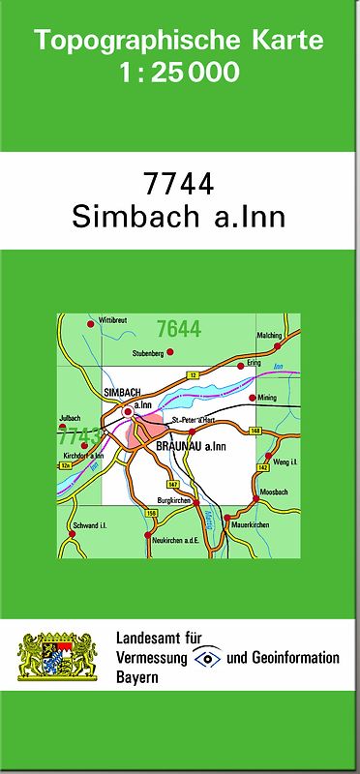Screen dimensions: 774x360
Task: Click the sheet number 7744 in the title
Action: pyautogui.click(x=178, y=183)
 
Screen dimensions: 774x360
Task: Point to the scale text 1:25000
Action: pyautogui.click(x=179, y=72)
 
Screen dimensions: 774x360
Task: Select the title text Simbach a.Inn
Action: pyautogui.click(x=178, y=217)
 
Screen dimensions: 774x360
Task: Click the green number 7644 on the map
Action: pyautogui.click(x=178, y=329)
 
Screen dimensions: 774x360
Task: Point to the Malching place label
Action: pyautogui.click(x=269, y=335)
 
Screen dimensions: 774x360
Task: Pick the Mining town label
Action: pyautogui.click(x=267, y=398)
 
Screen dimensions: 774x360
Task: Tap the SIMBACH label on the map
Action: pyautogui.click(x=122, y=391)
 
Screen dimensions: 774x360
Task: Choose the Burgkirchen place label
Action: pyautogui.click(x=172, y=500)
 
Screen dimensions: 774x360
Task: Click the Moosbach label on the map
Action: pyautogui.click(x=275, y=492)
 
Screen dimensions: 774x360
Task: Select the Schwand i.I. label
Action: pyautogui.click(x=89, y=524)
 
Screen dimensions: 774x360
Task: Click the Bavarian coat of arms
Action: pyautogui.click(x=58, y=658)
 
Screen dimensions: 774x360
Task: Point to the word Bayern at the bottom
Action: pyautogui.click(x=136, y=677)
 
